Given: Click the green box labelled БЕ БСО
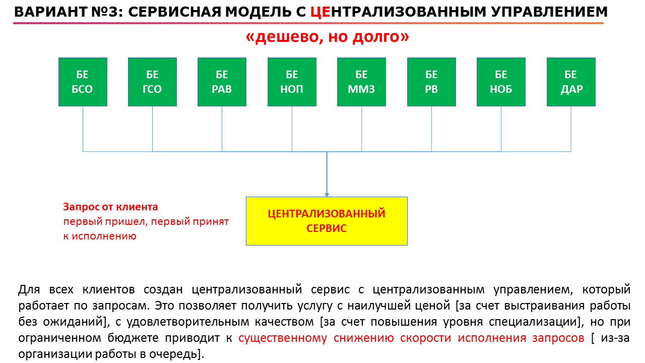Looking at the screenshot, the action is [x=83, y=82].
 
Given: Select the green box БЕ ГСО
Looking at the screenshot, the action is [x=152, y=82].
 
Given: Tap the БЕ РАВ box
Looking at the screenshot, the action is [x=222, y=82].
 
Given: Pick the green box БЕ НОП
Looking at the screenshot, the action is [x=292, y=82].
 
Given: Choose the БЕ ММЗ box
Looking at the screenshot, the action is [x=362, y=82].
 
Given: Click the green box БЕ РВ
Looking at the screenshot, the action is [x=432, y=82].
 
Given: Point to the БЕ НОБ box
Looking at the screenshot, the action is [x=501, y=82].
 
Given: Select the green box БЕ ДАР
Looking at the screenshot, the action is [x=571, y=82].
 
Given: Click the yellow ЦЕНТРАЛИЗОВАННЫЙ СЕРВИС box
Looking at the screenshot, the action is [x=327, y=221].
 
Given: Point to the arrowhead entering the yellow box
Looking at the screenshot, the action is [x=327, y=195].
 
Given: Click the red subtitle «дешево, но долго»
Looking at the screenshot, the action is [x=328, y=37].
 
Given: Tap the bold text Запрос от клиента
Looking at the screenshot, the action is [x=110, y=207].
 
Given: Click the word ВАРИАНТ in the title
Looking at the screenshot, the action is [x=51, y=12].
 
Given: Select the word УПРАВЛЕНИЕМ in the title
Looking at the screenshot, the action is [x=549, y=12].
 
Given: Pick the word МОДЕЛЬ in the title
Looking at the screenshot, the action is [x=257, y=12].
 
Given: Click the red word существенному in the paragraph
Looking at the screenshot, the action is [x=283, y=338].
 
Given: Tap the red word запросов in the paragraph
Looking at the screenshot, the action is [x=558, y=338].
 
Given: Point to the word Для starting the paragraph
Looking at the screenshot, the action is [x=29, y=289].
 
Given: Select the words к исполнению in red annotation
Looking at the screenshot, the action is [x=100, y=236].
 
